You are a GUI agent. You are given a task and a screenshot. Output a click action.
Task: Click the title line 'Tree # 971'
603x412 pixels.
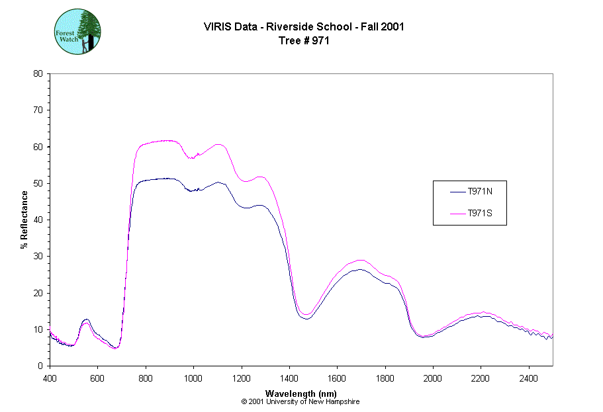[304, 40]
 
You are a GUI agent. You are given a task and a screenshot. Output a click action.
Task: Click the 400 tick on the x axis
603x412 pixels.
[50, 378]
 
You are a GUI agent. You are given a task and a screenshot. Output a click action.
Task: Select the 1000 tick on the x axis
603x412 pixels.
[193, 378]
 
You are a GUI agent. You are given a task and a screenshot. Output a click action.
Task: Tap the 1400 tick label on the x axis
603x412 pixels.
[289, 378]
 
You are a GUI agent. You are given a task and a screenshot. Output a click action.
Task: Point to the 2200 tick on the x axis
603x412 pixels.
[481, 378]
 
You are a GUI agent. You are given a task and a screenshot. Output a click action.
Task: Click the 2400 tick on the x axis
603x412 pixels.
[529, 378]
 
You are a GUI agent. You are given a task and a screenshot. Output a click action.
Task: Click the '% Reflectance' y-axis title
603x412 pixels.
[24, 220]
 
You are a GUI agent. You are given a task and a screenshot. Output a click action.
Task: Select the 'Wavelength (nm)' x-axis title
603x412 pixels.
[301, 393]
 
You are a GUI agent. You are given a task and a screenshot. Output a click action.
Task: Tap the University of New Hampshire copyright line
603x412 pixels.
[301, 401]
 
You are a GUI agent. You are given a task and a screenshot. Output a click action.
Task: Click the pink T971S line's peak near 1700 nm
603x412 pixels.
[361, 260]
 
